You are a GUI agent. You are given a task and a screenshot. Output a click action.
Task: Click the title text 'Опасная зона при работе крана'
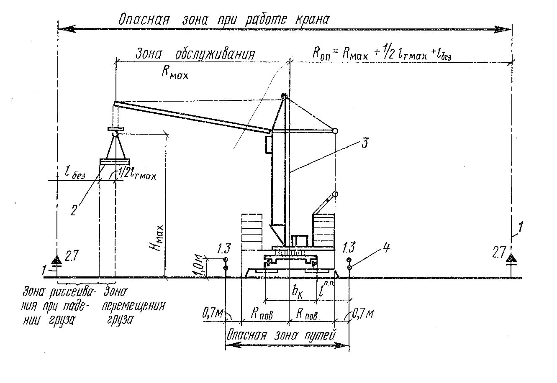click(224, 20)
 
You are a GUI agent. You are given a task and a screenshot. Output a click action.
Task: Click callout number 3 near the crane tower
click(365, 143)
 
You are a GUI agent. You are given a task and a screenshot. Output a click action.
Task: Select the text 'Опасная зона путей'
click(281, 335)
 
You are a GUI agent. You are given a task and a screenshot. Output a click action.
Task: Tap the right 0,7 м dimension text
click(362, 313)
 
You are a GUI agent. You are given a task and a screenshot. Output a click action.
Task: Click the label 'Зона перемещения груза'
click(133, 305)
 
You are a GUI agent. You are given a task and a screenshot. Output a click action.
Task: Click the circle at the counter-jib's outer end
click(335, 131)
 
